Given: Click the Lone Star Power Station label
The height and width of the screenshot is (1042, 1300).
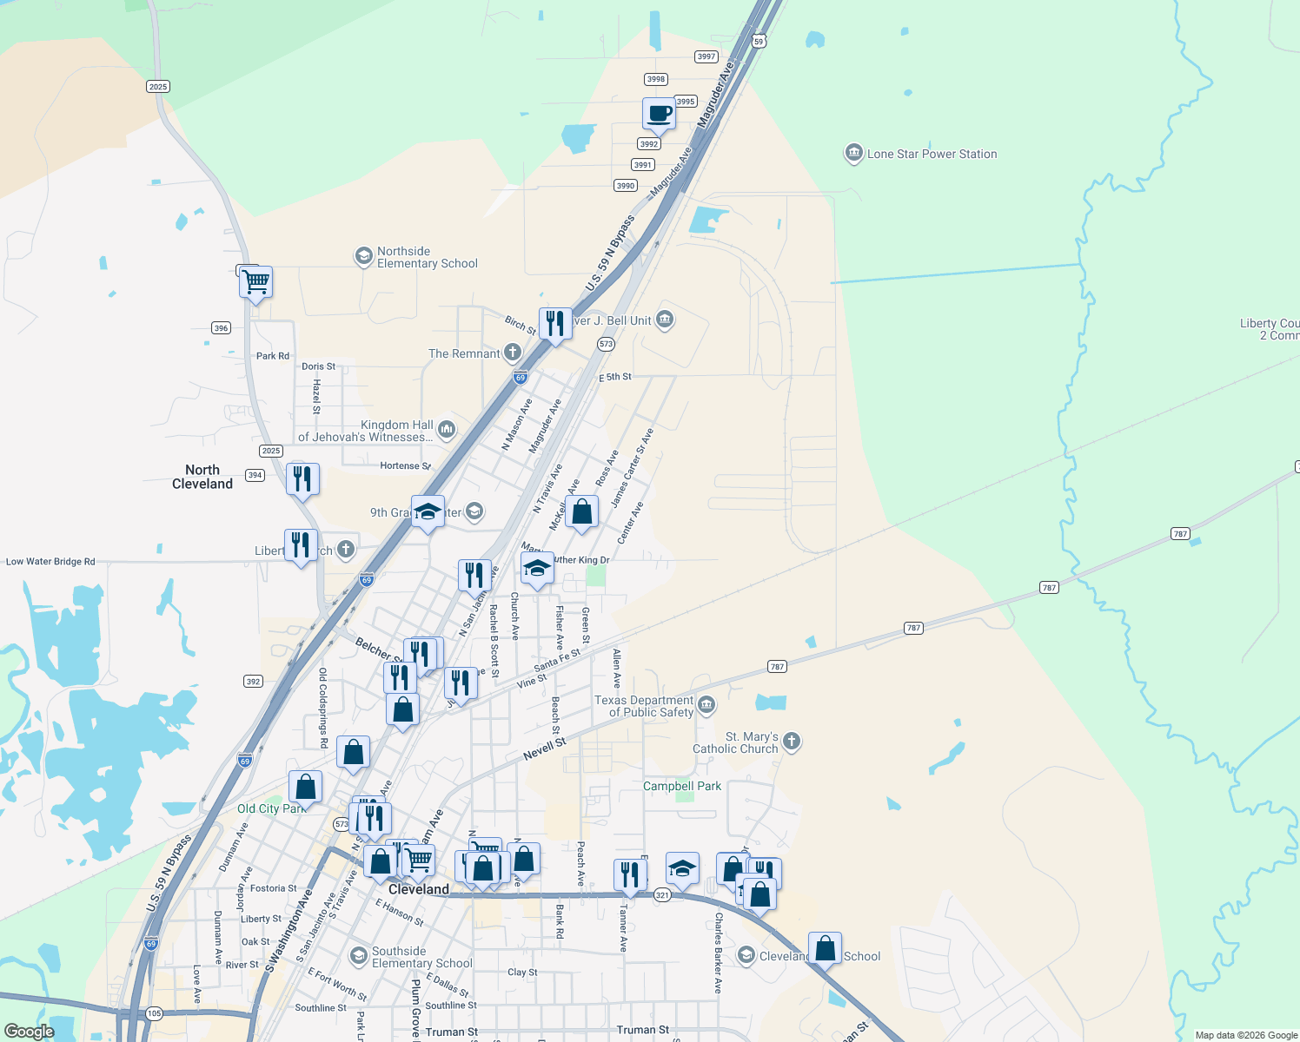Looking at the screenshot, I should point(932,155).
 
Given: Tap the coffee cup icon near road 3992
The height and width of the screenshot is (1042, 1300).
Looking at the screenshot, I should point(660,114).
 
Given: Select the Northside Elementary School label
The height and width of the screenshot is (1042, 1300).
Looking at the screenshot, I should point(427,258).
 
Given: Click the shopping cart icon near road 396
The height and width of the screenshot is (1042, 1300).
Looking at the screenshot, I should point(256,281).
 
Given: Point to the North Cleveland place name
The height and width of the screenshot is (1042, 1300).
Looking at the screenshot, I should point(202,477).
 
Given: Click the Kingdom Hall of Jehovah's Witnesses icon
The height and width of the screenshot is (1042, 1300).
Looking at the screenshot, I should point(447,428).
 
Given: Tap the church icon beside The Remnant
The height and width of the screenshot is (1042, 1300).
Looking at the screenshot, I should point(513,352).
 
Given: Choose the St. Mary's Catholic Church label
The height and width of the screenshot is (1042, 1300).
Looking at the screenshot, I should point(735,742).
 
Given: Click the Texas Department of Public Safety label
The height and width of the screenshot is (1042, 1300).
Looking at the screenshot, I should point(645,706).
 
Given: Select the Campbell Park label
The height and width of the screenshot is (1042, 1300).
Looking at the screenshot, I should point(682,786).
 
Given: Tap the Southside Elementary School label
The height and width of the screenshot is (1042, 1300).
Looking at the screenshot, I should point(421,957).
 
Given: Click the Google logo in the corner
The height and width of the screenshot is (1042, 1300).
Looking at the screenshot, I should point(29,1032).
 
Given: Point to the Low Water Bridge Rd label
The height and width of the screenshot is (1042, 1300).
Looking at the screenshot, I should point(50,562).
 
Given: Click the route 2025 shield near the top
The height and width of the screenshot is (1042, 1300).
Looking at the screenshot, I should point(158,87).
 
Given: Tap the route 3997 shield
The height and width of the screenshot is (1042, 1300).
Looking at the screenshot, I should point(706,56).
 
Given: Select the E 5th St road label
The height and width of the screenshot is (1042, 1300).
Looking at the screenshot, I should point(615,378).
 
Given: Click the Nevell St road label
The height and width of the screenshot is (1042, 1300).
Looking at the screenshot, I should point(545,749).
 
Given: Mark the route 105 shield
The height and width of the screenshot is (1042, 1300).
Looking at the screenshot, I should point(154,1013).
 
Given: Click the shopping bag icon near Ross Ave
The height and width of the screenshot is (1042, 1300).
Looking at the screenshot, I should point(582,511).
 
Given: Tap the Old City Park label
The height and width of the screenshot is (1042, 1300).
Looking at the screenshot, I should point(270,809).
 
